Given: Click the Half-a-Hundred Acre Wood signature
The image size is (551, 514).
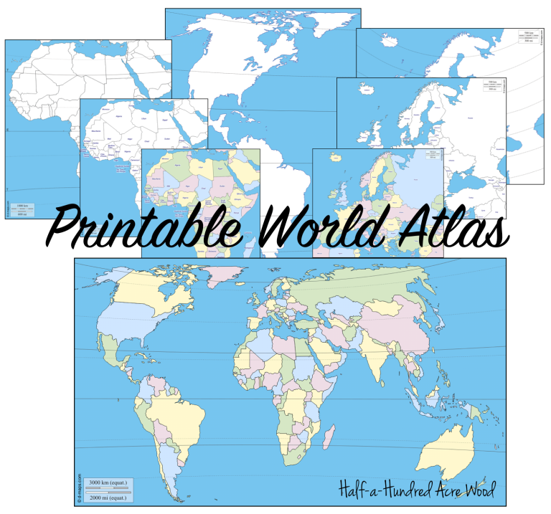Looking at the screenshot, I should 419,489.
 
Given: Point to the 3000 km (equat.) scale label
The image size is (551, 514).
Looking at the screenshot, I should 108,482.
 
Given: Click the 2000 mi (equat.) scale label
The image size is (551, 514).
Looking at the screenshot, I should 108,497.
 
